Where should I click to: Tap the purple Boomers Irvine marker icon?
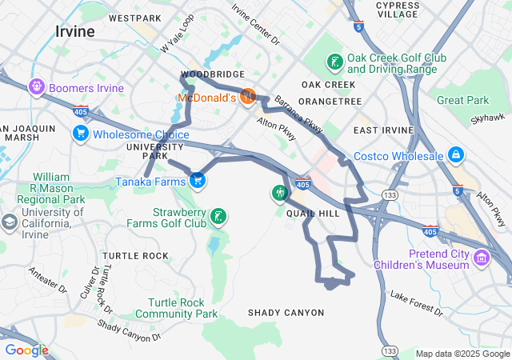pyautogui.click(x=36, y=87)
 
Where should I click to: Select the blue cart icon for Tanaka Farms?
pyautogui.click(x=197, y=181)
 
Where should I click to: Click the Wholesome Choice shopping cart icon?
pyautogui.click(x=80, y=134)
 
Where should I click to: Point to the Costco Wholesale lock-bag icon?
pyautogui.click(x=455, y=154)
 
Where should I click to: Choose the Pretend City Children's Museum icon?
pyautogui.click(x=482, y=258)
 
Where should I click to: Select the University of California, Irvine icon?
pyautogui.click(x=10, y=222)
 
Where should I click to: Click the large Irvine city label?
pyautogui.click(x=75, y=32)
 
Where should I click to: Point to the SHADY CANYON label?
pyautogui.click(x=286, y=313)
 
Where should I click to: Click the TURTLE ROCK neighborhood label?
pyautogui.click(x=135, y=256)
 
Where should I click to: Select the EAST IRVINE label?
pyautogui.click(x=383, y=130)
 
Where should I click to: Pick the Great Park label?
pyautogui.click(x=462, y=100)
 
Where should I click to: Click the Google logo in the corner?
pyautogui.click(x=26, y=350)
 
